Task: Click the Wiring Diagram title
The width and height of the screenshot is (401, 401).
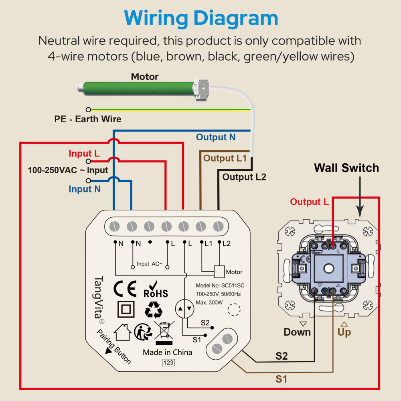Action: click(x=201, y=18)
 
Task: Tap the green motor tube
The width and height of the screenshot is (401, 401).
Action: click(x=138, y=88)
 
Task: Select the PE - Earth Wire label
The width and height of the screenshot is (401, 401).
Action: click(x=88, y=119)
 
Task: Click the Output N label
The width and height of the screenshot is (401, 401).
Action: click(x=216, y=137)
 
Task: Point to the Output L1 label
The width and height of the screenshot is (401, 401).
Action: click(x=225, y=158)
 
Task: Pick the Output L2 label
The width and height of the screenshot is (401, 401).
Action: click(x=244, y=177)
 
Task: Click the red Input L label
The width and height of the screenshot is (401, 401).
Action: click(x=84, y=154)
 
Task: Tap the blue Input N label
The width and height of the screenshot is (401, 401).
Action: click(x=85, y=189)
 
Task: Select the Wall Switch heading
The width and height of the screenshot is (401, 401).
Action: click(x=346, y=168)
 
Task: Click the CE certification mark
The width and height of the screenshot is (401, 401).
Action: click(x=125, y=288)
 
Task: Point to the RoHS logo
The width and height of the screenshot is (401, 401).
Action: click(x=156, y=290)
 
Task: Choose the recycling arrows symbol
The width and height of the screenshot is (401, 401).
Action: click(x=154, y=310)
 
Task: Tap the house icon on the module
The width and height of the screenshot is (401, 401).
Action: click(x=123, y=332)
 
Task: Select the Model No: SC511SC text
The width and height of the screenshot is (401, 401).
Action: click(x=220, y=286)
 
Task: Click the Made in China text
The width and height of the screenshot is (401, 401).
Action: click(x=168, y=352)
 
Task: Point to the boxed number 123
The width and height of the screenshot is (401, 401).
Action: click(x=168, y=363)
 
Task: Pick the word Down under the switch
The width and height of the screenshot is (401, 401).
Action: click(x=297, y=332)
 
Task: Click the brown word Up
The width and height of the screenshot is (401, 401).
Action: click(x=344, y=332)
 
